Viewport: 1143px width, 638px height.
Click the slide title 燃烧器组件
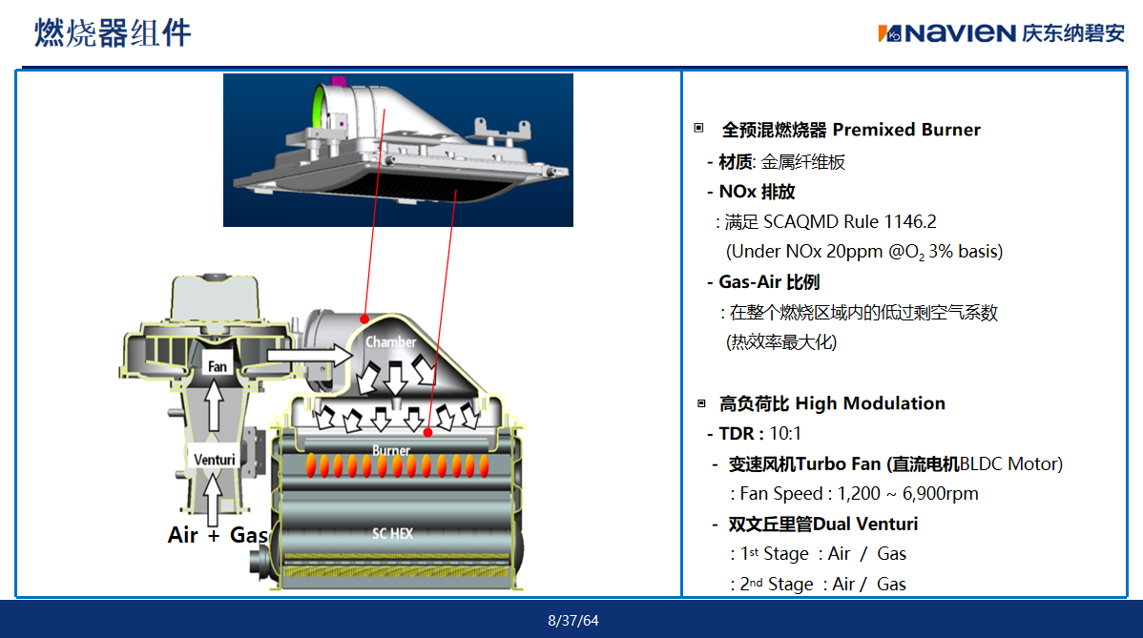[113, 32]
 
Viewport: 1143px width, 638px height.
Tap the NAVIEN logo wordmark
[960, 33]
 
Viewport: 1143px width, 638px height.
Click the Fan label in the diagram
[218, 366]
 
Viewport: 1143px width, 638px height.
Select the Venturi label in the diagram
[215, 460]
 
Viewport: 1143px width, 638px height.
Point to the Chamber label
[391, 341]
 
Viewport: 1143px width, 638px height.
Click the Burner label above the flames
[391, 450]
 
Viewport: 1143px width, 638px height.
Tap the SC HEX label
[392, 534]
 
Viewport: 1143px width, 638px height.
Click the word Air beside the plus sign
[182, 535]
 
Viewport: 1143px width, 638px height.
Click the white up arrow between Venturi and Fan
[213, 405]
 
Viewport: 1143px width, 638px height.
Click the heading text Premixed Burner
[906, 130]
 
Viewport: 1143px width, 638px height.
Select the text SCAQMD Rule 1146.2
[849, 221]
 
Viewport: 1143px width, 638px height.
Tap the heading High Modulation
[869, 403]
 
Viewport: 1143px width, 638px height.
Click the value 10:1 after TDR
[785, 434]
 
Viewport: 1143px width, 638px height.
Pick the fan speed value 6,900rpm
[941, 494]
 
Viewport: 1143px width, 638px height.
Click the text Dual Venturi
[865, 524]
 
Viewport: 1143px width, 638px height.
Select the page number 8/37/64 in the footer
[573, 621]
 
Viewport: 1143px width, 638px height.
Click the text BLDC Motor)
[1011, 463]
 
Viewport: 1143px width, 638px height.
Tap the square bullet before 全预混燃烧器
[698, 128]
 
